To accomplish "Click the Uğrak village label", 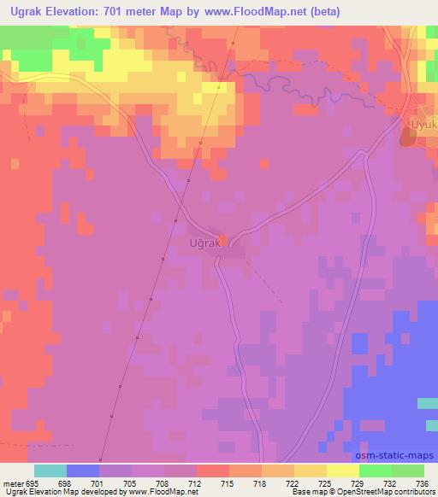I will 204,243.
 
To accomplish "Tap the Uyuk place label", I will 424,126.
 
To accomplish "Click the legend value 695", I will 33,482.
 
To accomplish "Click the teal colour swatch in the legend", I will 50,471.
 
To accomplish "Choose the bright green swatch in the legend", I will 376,471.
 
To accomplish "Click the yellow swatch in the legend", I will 343,471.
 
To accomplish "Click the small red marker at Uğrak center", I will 223,239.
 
